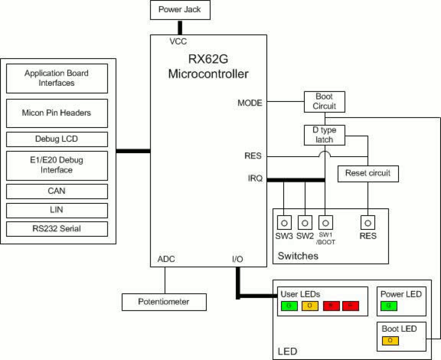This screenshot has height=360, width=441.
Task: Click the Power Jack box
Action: (180, 10)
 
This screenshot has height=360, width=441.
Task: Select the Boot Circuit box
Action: (324, 102)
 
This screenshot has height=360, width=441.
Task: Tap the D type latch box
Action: (324, 135)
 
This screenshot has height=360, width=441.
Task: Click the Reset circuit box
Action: (368, 174)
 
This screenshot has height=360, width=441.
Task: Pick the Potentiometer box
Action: (164, 302)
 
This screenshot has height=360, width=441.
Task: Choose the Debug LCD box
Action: (57, 139)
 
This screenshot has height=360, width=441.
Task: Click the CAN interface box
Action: (57, 191)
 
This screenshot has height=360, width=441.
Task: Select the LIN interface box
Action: (57, 210)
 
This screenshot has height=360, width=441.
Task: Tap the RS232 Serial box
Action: (57, 229)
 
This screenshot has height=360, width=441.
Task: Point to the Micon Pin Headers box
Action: (57, 113)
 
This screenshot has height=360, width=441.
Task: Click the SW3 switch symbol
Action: (284, 223)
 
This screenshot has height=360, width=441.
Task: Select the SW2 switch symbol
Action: (305, 223)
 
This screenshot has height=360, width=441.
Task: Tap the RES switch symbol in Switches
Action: (368, 223)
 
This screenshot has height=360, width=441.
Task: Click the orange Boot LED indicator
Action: (390, 340)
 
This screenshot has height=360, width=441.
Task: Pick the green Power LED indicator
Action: (389, 306)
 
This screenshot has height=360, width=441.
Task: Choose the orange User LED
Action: (310, 306)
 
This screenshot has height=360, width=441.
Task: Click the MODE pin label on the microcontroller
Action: (250, 103)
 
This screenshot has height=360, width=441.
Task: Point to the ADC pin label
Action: (166, 259)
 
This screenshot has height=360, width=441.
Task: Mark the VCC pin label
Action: (178, 41)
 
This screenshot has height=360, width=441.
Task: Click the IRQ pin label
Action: (255, 178)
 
